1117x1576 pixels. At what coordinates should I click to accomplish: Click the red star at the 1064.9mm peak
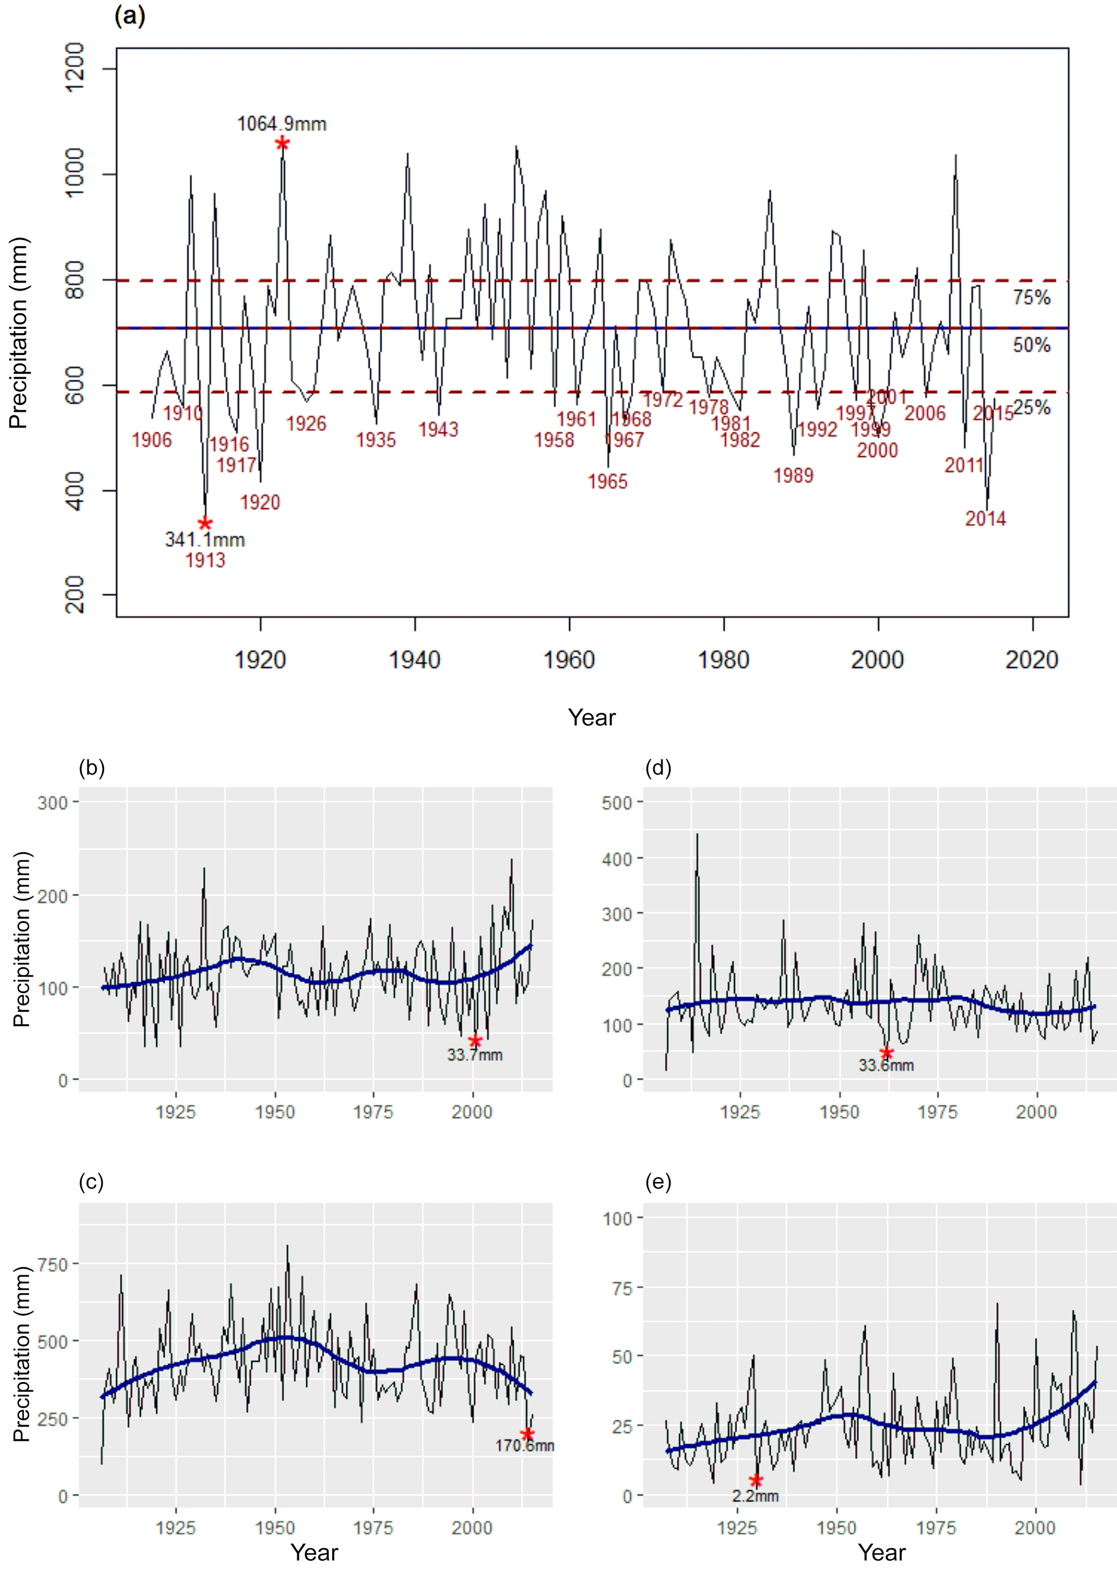(282, 143)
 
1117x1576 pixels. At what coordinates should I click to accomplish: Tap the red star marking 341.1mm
(205, 524)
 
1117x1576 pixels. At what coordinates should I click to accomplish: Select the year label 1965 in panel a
(607, 481)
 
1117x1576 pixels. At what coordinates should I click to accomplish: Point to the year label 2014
(985, 519)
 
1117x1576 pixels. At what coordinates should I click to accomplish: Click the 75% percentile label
(1031, 298)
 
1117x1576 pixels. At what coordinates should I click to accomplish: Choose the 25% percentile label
(1031, 408)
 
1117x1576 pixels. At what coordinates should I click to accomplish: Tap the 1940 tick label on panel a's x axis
(414, 660)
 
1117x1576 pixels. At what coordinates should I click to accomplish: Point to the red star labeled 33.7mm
(474, 1041)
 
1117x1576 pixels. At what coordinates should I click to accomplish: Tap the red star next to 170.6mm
(527, 1434)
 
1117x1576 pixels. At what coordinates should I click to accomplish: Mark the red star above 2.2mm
(756, 1480)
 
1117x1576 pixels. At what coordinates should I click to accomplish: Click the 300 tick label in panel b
(52, 802)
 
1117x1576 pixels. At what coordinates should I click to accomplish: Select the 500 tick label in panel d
(616, 802)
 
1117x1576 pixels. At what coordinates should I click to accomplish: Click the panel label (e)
(658, 1182)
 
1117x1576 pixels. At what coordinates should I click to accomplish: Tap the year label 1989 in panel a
(793, 476)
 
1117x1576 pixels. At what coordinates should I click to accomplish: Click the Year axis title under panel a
(592, 718)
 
